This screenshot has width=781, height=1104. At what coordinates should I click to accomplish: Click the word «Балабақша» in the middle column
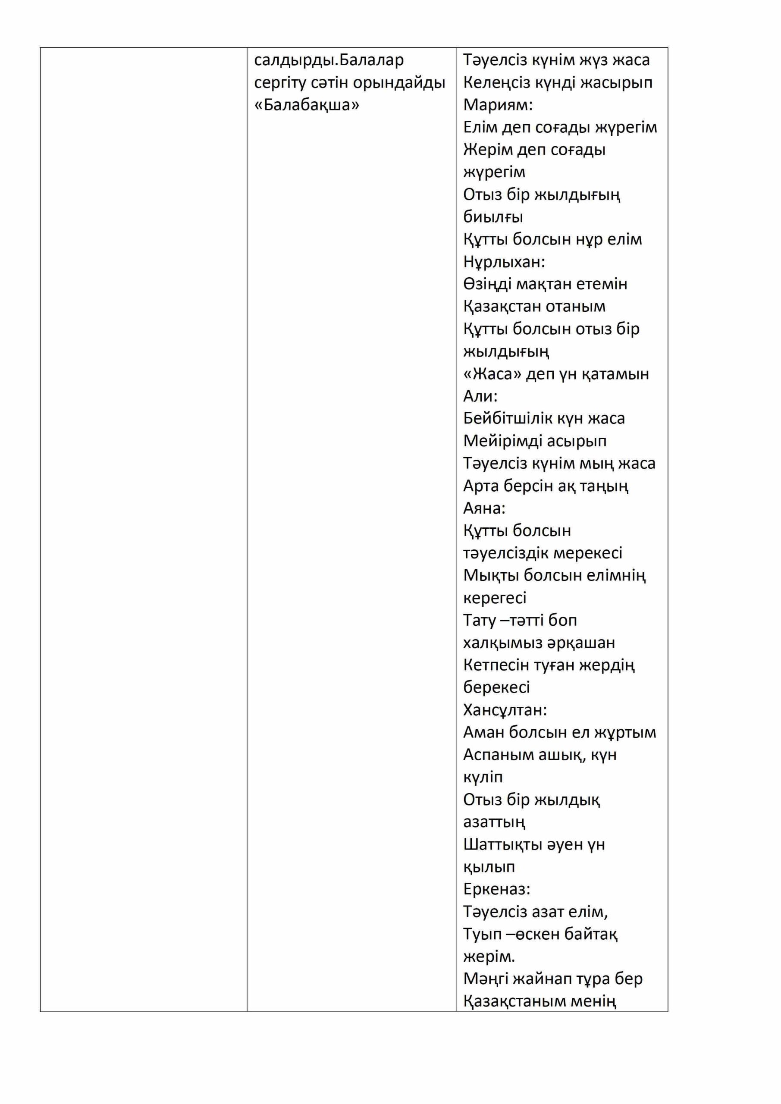(x=306, y=105)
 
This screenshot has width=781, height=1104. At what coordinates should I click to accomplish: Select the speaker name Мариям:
(x=498, y=105)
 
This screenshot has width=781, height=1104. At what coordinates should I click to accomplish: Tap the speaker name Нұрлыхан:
(x=504, y=262)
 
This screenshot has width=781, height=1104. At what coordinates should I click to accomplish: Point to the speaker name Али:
(x=480, y=396)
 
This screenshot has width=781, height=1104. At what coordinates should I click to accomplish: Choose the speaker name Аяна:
(x=484, y=508)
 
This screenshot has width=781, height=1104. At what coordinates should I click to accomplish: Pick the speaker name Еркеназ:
(x=496, y=889)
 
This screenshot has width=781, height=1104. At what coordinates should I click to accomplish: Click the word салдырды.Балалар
(x=329, y=60)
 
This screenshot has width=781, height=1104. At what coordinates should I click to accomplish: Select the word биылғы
(x=493, y=217)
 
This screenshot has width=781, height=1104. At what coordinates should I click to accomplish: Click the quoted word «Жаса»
(x=492, y=373)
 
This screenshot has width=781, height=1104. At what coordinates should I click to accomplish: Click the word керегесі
(x=494, y=598)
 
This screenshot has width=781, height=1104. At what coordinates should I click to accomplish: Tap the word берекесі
(x=496, y=687)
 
